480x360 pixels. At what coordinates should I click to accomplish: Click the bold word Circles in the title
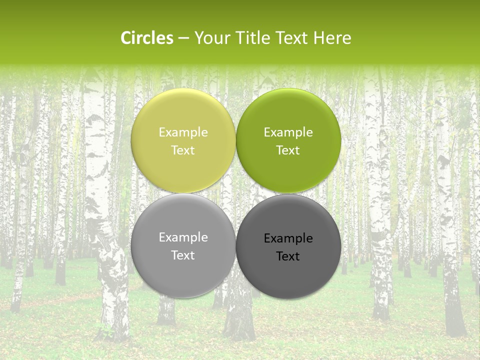(147, 38)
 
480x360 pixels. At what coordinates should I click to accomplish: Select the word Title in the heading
(252, 38)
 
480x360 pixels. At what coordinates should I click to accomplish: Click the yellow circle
(183, 120)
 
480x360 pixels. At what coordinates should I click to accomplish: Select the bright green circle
(288, 120)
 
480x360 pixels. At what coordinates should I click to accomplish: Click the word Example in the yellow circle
(183, 132)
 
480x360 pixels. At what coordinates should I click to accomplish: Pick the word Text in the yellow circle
(183, 150)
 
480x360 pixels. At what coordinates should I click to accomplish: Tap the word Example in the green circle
(288, 132)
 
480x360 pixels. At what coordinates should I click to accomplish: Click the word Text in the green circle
(288, 150)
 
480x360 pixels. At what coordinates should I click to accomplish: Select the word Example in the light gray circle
(183, 237)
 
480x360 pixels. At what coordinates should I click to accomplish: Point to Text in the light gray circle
(183, 255)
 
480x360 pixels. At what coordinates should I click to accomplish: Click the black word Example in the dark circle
(288, 238)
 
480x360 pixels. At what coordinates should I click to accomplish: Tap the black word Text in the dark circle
(288, 256)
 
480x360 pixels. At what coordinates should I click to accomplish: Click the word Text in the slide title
(292, 38)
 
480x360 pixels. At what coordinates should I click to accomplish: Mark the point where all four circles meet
(235, 193)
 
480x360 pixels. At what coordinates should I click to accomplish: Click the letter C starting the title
(125, 38)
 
